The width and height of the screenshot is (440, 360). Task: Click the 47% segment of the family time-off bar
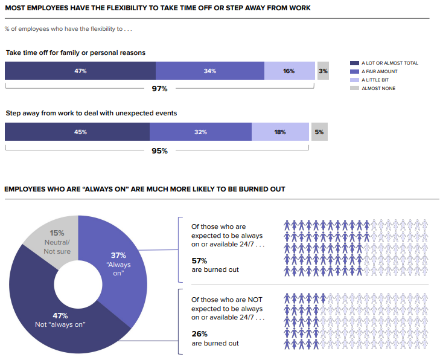(80, 71)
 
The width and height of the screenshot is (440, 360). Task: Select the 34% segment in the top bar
(209, 71)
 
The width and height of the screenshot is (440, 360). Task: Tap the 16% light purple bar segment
(289, 71)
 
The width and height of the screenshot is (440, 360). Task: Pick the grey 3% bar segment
(323, 71)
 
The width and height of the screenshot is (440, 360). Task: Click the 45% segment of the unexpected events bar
(77, 132)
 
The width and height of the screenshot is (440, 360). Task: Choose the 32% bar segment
(200, 132)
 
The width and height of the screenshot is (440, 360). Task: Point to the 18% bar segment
(279, 132)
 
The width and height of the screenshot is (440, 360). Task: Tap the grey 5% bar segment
(319, 132)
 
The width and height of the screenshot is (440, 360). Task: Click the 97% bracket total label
(159, 89)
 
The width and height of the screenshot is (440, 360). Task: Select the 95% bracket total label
(159, 150)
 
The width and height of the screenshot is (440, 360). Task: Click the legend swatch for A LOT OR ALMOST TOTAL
(354, 63)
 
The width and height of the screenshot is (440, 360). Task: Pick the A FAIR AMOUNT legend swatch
(354, 71)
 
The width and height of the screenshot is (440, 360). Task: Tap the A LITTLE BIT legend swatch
(354, 80)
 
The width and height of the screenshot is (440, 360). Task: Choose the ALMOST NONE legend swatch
(354, 88)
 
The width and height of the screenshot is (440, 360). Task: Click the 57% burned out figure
(199, 260)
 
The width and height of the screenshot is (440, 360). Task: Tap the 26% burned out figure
(199, 333)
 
